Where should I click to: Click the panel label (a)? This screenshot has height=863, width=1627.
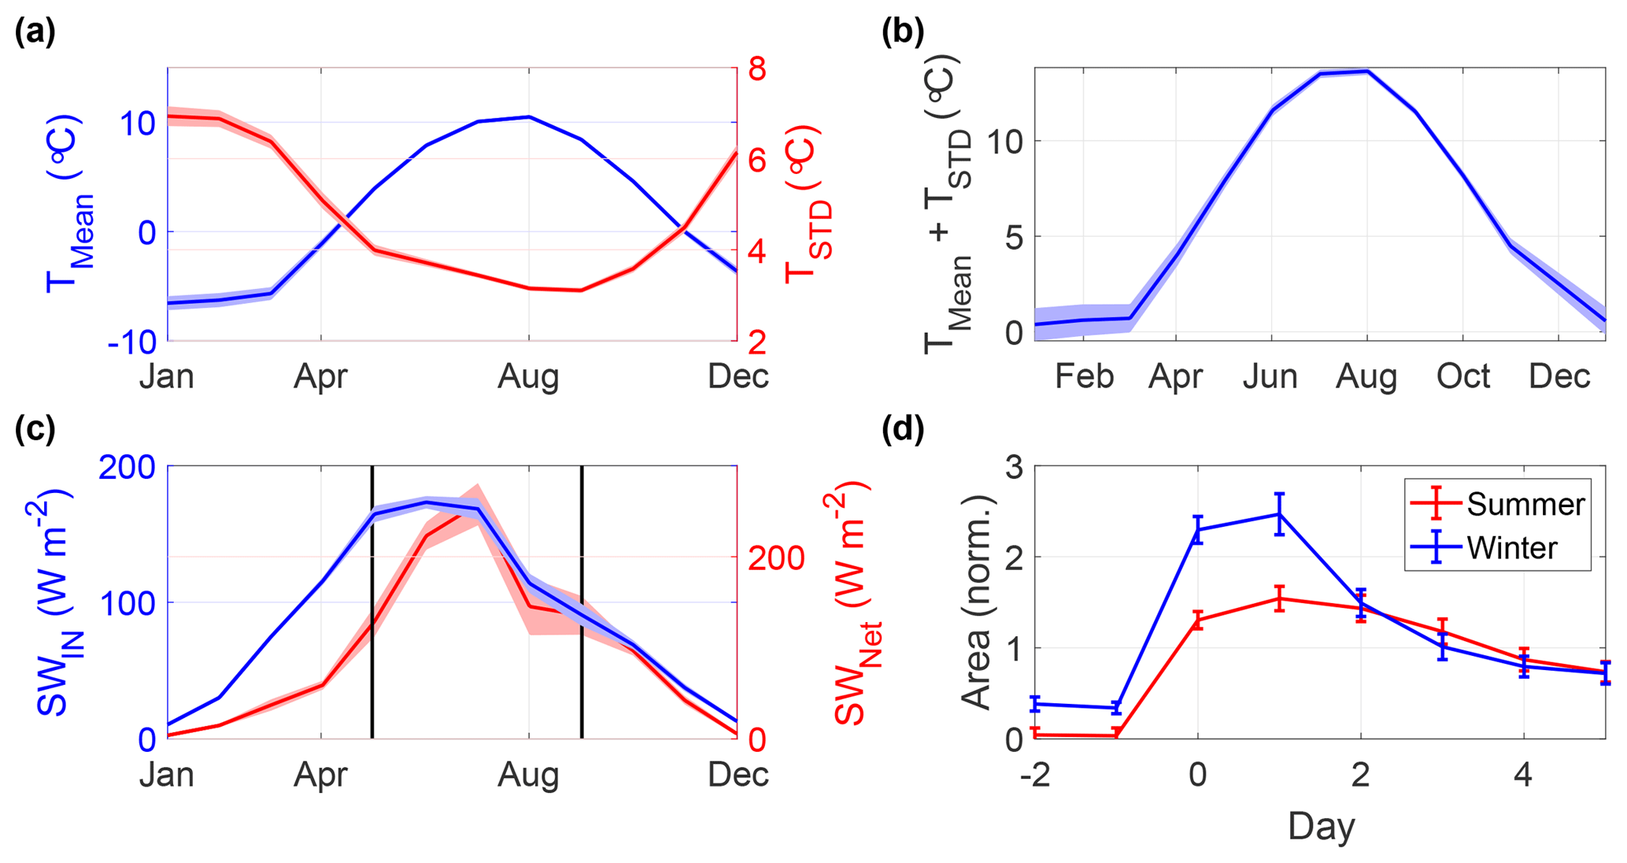pos(35,33)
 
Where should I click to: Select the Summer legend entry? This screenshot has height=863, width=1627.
pos(1525,504)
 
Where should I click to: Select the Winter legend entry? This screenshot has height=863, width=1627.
pos(1511,547)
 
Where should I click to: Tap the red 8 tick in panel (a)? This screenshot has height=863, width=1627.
pos(756,69)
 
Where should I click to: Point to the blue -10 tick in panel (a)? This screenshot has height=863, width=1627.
pos(132,342)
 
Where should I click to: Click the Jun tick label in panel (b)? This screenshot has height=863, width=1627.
pos(1270,376)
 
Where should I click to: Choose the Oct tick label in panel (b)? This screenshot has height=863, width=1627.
pos(1462,376)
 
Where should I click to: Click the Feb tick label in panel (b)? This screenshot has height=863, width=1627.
pos(1083,376)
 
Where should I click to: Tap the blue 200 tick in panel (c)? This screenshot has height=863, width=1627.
pos(127,467)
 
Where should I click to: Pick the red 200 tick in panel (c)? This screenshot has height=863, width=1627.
pos(776,558)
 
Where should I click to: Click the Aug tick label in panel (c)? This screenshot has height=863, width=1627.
pos(528,775)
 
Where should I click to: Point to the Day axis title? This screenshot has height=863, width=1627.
pos(1321,827)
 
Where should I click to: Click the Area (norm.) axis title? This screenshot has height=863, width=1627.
pos(977,602)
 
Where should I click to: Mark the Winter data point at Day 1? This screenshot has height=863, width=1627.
pos(1279,514)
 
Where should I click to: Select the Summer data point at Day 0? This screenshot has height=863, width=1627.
pos(1198,620)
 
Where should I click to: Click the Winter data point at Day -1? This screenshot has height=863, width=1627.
pos(1116,707)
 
